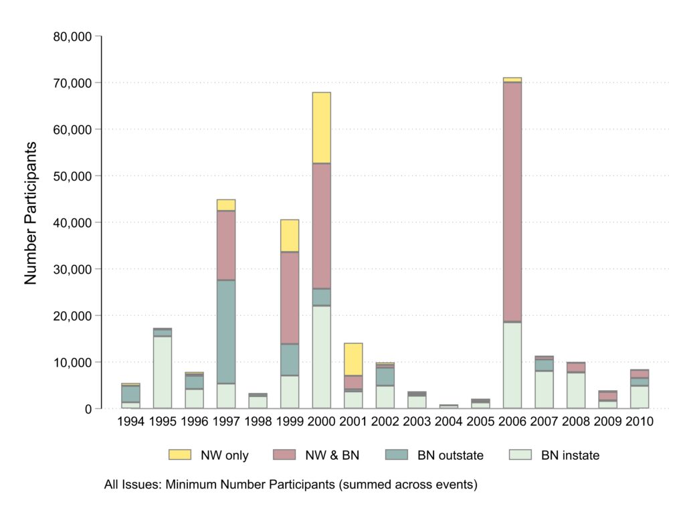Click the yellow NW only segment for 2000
point(321,128)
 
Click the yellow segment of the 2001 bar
point(353,359)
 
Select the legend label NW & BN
point(334,456)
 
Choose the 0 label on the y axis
point(88,408)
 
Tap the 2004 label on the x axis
point(448,422)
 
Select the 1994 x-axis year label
point(130,422)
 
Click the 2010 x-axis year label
point(639,422)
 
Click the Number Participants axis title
point(31,213)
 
